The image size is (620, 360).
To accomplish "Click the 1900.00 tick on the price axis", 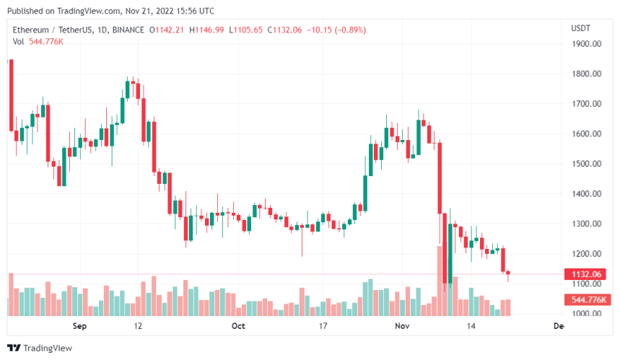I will pos(587,44).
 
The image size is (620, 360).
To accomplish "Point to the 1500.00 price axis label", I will pos(587,164).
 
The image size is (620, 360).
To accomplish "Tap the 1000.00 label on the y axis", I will pos(587,314).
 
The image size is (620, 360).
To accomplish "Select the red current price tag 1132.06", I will pos(587,274).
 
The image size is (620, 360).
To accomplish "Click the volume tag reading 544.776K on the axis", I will pos(587,299).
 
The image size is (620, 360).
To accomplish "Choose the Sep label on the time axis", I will pos(80,326).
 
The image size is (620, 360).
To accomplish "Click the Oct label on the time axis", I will pos(239,326).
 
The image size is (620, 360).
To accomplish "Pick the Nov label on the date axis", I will pos(401,326).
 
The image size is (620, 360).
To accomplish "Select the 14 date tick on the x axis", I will pos(471,326).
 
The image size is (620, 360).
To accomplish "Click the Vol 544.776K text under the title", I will pos(38,41).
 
